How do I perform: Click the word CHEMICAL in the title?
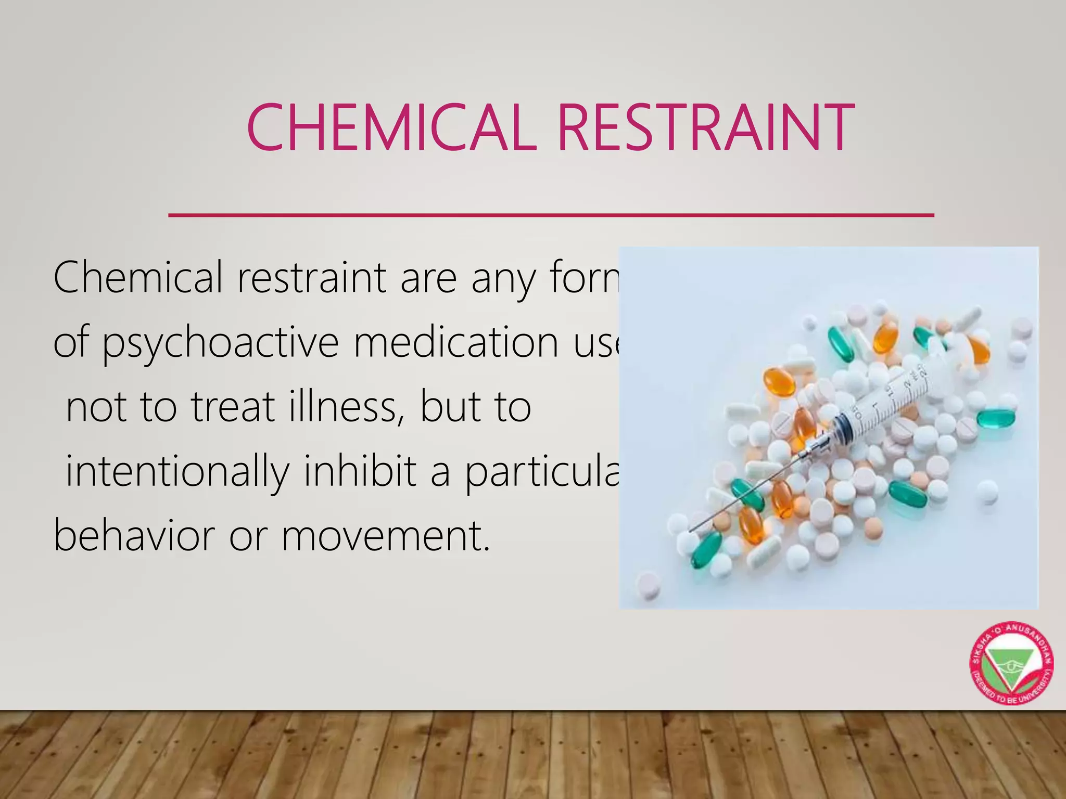[x=391, y=127]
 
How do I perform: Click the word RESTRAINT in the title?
[x=706, y=127]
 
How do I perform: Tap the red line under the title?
[x=551, y=214]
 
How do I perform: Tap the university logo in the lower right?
[x=1011, y=664]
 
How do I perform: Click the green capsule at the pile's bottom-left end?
[x=706, y=549]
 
